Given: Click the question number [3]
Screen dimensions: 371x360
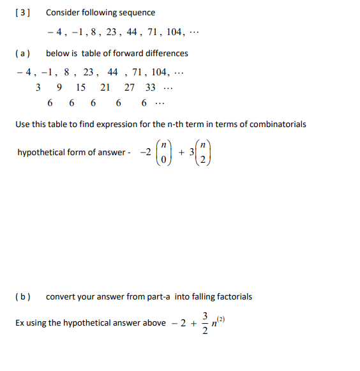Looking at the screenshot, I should tap(24, 13).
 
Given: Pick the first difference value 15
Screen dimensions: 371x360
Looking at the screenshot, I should tap(80, 87).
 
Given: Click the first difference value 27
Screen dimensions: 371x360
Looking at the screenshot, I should tap(130, 87).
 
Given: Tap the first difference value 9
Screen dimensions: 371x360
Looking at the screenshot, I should tap(59, 87).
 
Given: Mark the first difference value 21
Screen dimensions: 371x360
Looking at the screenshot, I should tap(105, 87).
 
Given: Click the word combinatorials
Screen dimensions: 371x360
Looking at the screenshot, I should tap(275, 124).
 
